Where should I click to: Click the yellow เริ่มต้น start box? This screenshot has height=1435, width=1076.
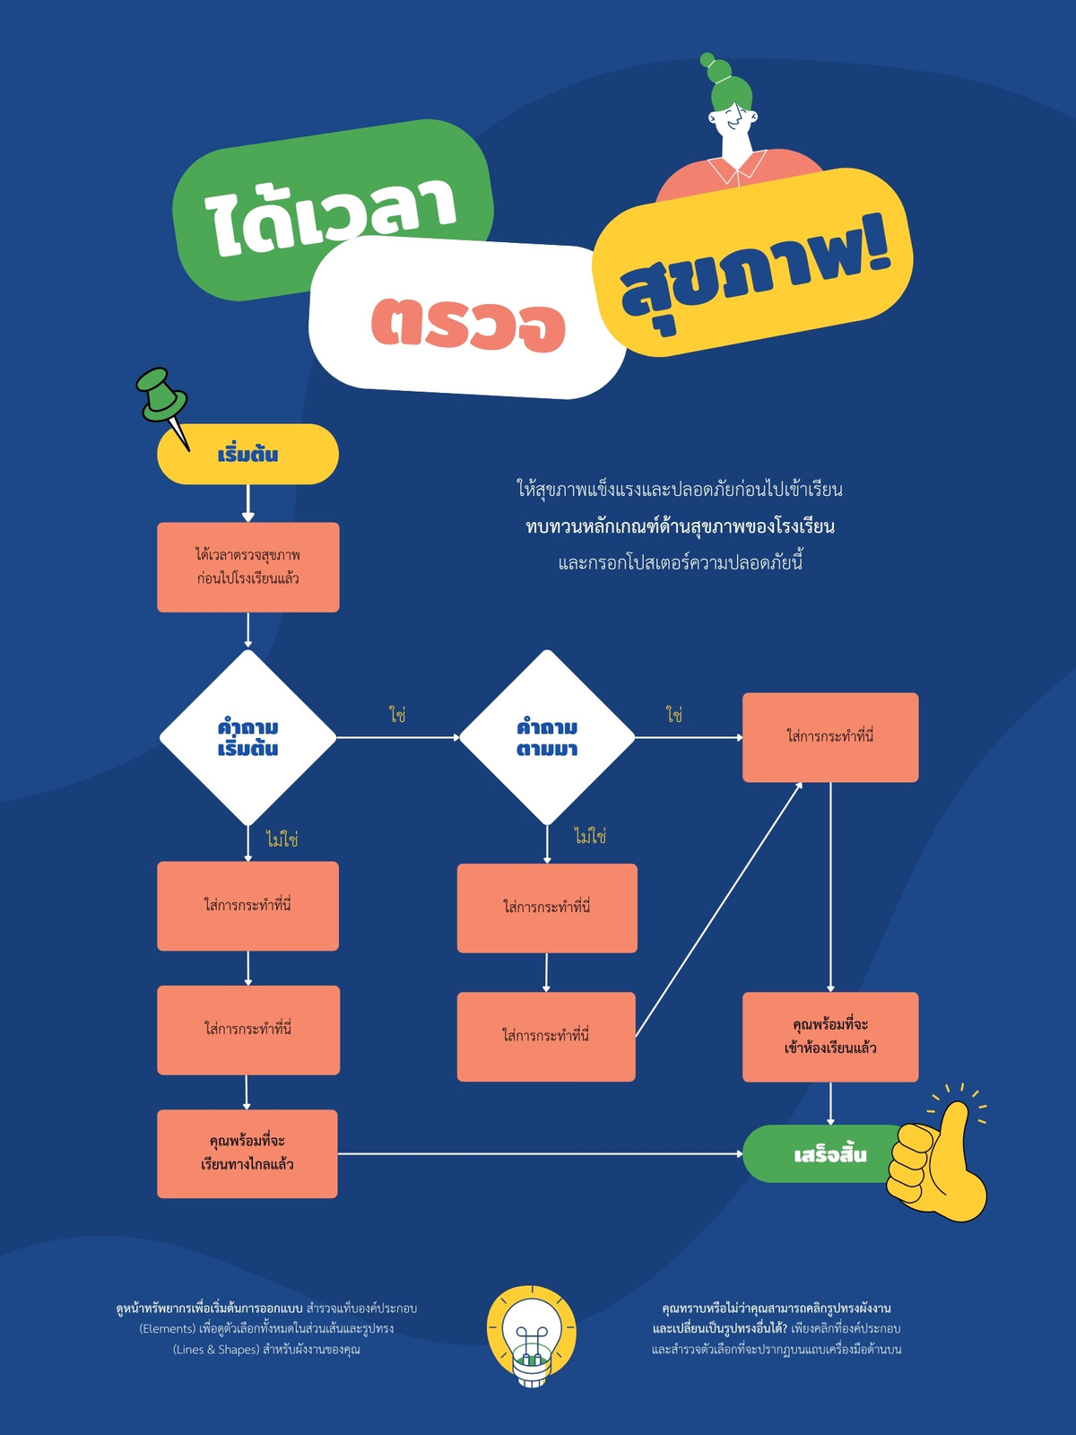point(247,455)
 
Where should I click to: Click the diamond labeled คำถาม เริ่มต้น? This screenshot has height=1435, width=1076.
point(247,737)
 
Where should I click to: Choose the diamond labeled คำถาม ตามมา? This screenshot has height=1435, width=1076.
point(547,737)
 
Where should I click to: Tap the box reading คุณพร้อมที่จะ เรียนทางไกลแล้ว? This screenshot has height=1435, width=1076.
point(247,1154)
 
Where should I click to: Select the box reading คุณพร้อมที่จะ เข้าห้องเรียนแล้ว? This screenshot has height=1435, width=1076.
point(830,1037)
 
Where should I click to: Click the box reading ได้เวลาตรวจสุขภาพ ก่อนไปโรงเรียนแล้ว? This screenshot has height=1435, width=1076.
point(248,567)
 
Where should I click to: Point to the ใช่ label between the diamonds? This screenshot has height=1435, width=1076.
point(398,715)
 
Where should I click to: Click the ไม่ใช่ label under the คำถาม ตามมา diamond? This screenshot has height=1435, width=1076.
point(590,836)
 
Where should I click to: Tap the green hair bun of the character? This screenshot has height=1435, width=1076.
point(717,69)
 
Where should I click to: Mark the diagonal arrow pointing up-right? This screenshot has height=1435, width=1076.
point(718,909)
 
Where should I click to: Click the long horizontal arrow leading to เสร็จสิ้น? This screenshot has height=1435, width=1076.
point(541,1154)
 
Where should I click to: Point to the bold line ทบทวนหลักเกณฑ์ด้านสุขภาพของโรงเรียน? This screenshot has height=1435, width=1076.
point(680,526)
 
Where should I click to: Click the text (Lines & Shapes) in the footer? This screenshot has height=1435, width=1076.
point(216,1350)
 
